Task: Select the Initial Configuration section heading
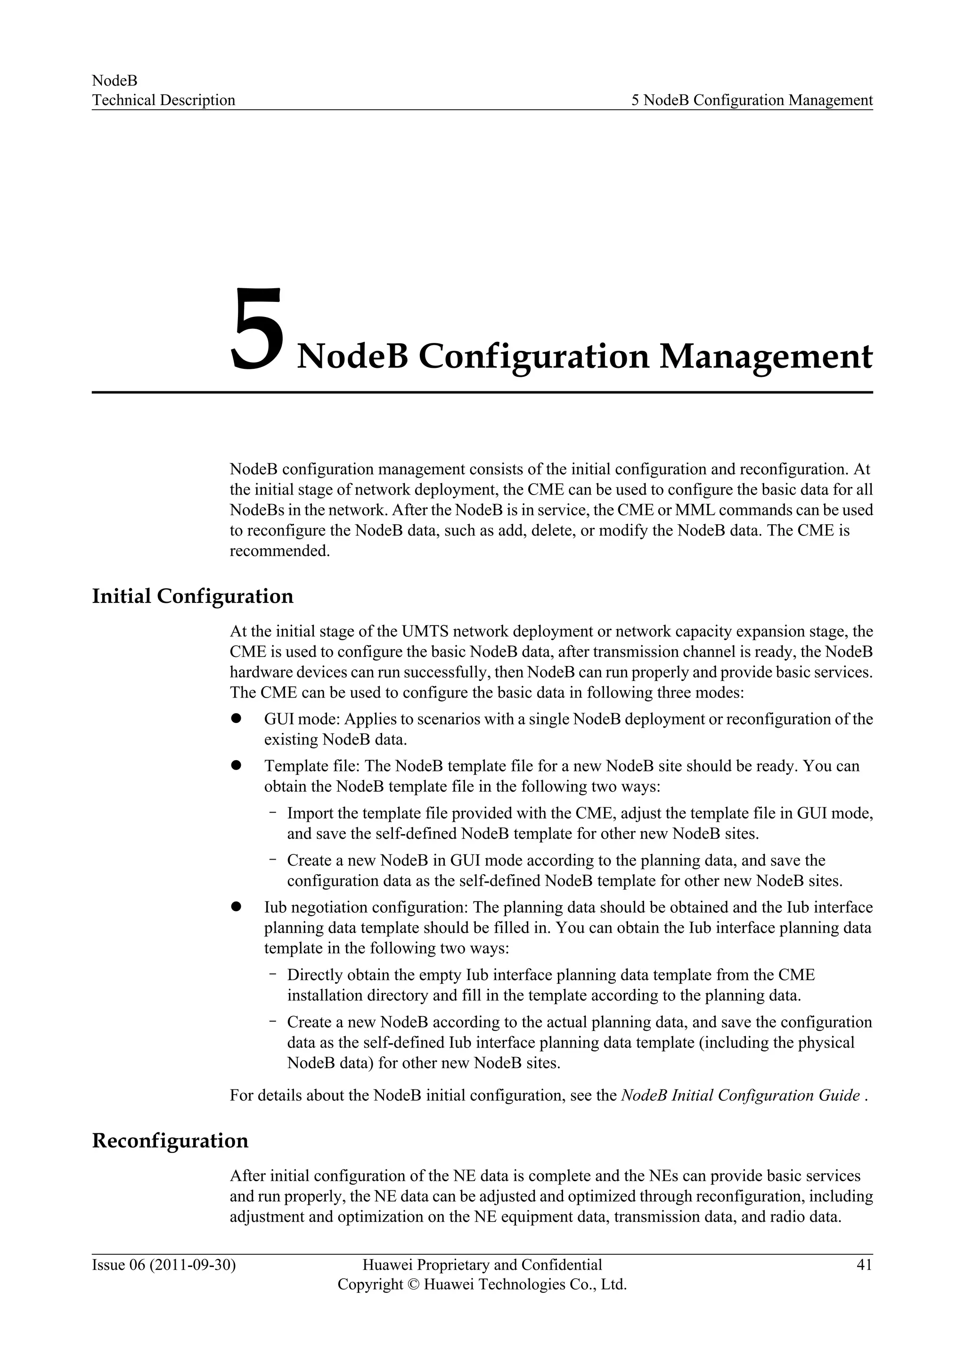193,596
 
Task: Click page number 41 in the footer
864,1265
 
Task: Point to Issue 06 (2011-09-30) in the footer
164,1265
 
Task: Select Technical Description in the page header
164,100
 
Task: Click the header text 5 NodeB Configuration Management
752,100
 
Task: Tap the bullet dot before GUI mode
235,719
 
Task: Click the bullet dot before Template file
235,766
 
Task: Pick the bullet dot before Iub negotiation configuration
235,907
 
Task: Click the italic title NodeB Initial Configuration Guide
740,1096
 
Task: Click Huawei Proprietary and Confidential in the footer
482,1265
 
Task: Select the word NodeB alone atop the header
114,80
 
